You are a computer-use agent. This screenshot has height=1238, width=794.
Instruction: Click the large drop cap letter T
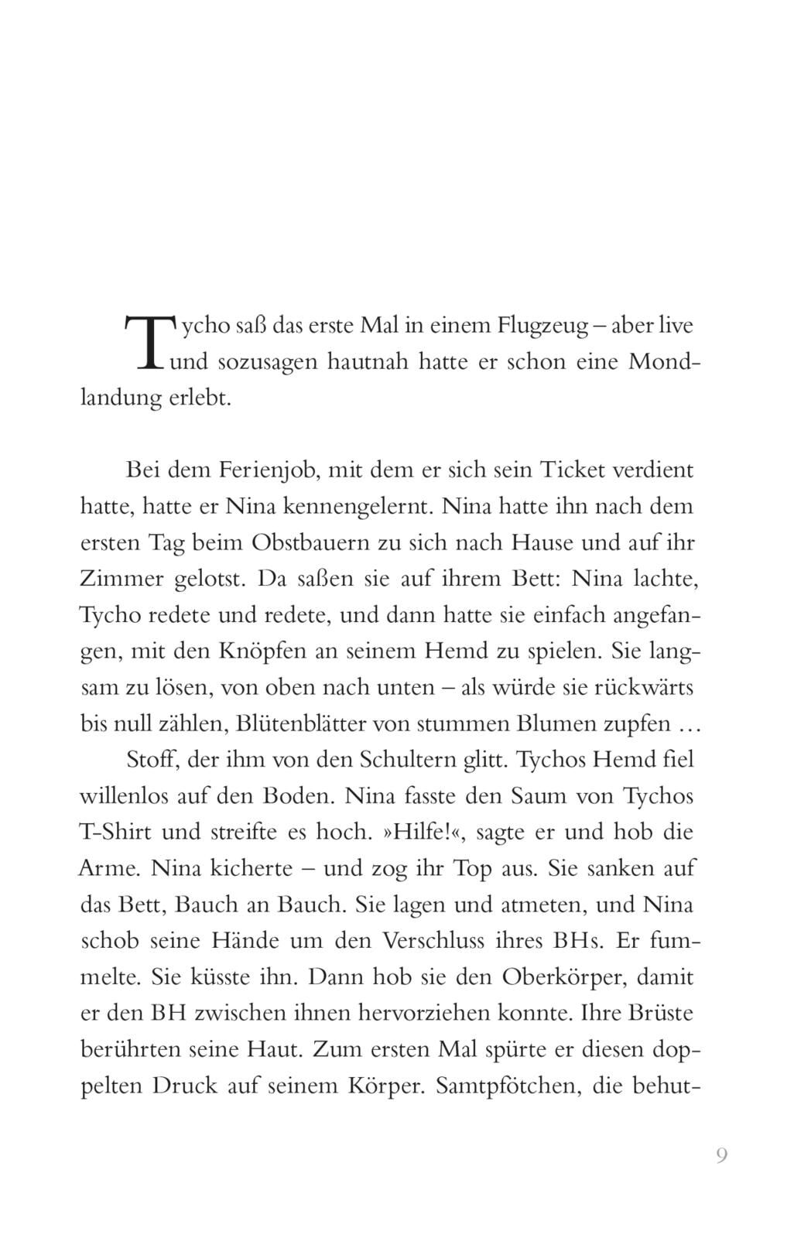click(147, 341)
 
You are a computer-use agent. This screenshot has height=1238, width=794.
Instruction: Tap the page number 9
click(721, 1156)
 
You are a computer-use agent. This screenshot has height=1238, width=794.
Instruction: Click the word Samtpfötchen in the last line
click(508, 1086)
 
